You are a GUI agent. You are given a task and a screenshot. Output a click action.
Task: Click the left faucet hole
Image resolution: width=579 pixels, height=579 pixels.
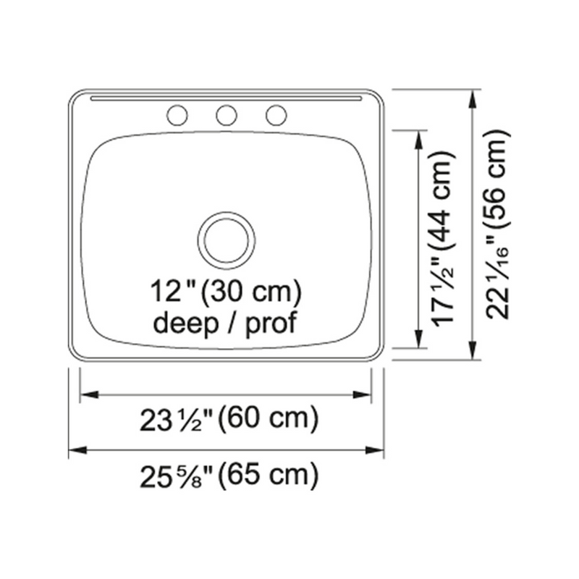click(x=177, y=115)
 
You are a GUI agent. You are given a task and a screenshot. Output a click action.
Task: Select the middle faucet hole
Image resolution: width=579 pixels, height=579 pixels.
click(x=227, y=115)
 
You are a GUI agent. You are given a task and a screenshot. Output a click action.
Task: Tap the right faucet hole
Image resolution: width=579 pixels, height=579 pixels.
click(x=276, y=115)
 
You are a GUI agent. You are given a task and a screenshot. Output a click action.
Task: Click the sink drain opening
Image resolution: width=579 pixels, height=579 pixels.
click(x=227, y=240)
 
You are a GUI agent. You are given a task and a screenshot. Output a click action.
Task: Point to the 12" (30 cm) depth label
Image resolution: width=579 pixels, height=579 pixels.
click(x=226, y=292)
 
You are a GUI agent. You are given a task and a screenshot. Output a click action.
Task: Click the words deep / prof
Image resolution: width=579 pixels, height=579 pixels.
click(x=225, y=324)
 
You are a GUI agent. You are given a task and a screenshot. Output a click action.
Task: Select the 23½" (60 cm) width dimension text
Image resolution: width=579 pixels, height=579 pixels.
click(x=229, y=419)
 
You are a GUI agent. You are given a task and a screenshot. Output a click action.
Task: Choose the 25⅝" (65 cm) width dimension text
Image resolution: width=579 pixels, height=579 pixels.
click(x=229, y=476)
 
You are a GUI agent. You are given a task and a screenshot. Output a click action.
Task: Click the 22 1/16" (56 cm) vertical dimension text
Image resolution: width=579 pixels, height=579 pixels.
click(x=497, y=224)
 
